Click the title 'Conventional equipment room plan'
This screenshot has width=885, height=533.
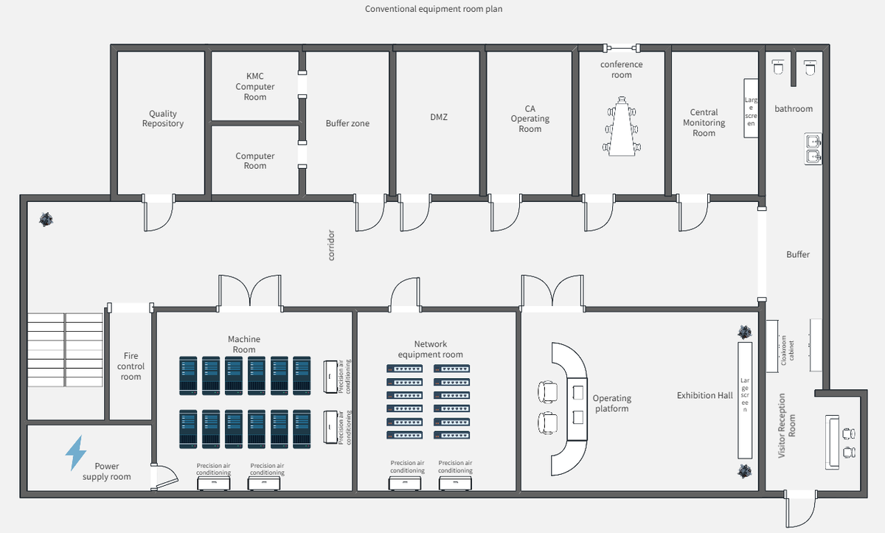[x=434, y=9]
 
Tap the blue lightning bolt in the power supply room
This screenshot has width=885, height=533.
[x=75, y=453]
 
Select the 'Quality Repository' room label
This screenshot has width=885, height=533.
[x=163, y=119]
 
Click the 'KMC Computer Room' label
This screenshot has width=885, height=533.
[x=255, y=86]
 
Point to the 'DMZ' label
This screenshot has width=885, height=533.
[x=439, y=117]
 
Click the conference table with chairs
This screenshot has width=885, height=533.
[x=622, y=126]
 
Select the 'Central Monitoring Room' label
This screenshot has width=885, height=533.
[x=704, y=123]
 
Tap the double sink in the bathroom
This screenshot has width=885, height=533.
[x=813, y=148]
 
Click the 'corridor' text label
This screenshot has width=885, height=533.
[x=331, y=245]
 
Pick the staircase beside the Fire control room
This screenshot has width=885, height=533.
[x=65, y=349]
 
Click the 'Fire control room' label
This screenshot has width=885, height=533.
[x=131, y=366]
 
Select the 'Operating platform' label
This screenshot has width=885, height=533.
[x=611, y=403]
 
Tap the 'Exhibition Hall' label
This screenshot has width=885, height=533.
[x=704, y=396]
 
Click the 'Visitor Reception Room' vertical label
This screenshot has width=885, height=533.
[x=787, y=425]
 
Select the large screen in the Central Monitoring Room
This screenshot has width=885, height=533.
[x=751, y=108]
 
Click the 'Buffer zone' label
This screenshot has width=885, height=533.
[x=347, y=123]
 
